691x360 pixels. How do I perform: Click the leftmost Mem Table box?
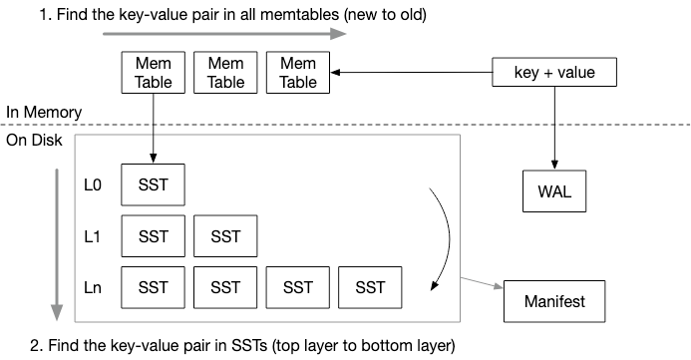point(153,72)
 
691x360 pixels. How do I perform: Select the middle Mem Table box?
point(225,72)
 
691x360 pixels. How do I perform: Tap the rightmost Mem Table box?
point(298,72)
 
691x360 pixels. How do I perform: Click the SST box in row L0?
point(153,185)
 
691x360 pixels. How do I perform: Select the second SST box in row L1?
point(225,236)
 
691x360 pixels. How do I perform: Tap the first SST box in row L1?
point(153,236)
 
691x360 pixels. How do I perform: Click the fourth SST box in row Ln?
point(370,288)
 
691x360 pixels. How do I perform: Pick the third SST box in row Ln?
point(298,288)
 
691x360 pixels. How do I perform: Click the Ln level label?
point(94,288)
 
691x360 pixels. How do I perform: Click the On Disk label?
point(35,141)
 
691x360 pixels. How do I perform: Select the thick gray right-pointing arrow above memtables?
point(224,34)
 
